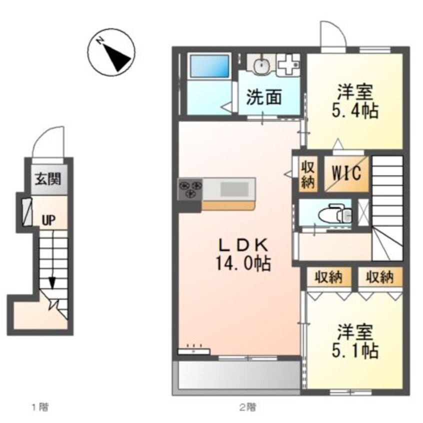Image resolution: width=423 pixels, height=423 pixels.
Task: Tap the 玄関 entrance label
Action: tap(48, 178)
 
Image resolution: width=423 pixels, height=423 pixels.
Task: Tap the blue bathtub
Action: tap(208, 66)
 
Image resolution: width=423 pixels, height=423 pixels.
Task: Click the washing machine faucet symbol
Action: tap(288, 64)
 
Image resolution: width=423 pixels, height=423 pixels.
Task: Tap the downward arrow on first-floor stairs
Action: tap(52, 283)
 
